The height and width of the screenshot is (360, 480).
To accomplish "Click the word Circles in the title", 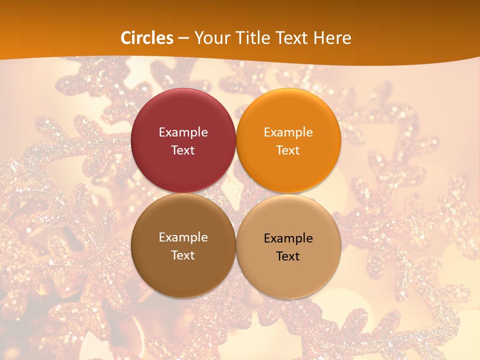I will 147,38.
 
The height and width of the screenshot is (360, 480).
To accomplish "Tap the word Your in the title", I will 210,38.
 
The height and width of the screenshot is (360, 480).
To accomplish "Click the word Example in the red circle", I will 183,132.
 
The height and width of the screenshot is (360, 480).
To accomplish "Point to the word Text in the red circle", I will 183,150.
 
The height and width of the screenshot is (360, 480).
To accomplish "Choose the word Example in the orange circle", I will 288,132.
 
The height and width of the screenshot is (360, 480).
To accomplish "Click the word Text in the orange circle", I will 288,150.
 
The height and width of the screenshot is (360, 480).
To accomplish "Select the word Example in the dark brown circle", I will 183,237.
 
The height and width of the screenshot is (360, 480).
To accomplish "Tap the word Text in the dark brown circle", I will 183,255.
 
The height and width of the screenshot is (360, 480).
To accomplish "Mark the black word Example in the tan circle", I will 288,238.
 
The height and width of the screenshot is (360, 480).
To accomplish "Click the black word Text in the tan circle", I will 288,256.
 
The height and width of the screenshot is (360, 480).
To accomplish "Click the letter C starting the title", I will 126,38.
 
